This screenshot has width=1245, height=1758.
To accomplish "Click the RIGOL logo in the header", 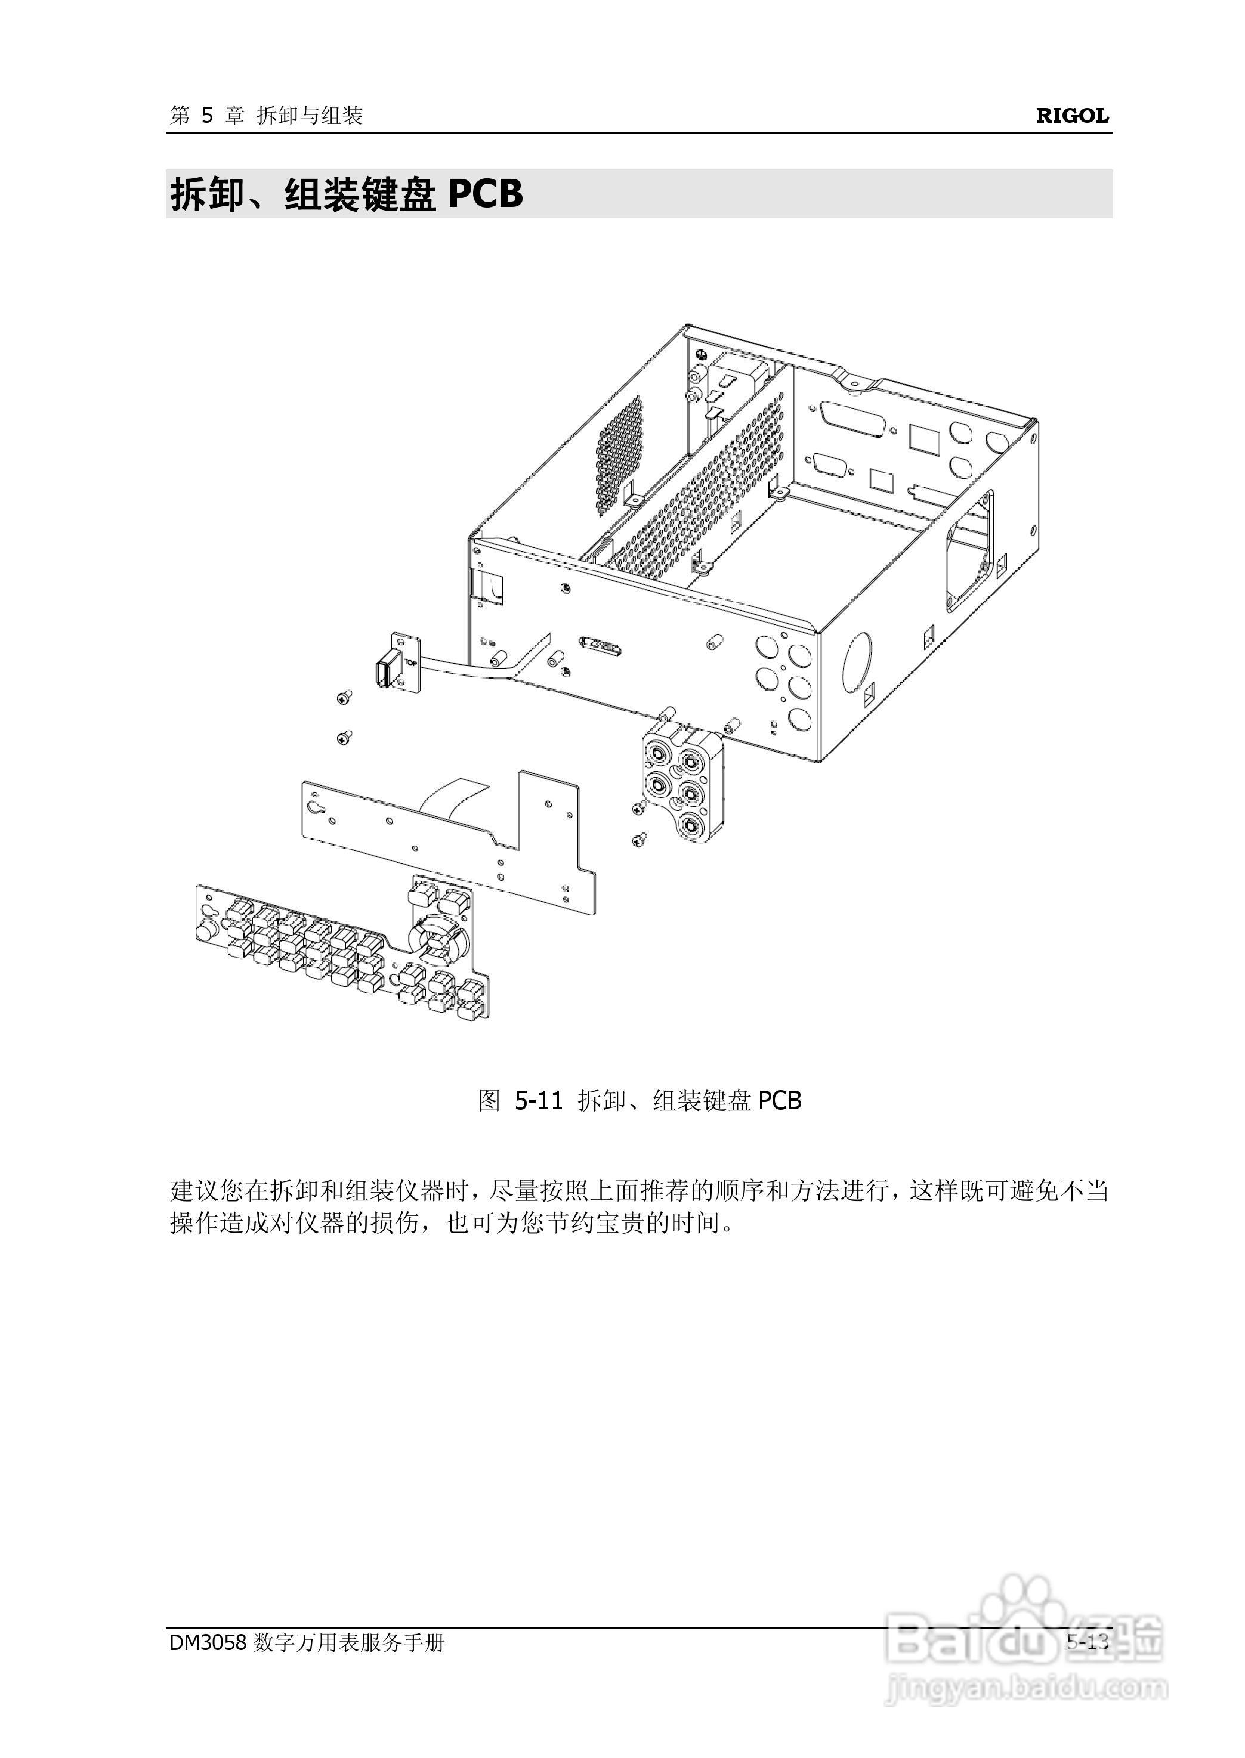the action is pyautogui.click(x=1072, y=116).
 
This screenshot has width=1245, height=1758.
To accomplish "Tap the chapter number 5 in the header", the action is pyautogui.click(x=207, y=116).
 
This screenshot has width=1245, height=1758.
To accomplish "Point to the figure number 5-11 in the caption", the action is pyautogui.click(x=538, y=1100).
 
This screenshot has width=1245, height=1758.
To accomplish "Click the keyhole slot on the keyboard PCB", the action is pyautogui.click(x=315, y=807).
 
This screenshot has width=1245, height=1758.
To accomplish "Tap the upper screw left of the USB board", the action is pyautogui.click(x=344, y=697).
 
